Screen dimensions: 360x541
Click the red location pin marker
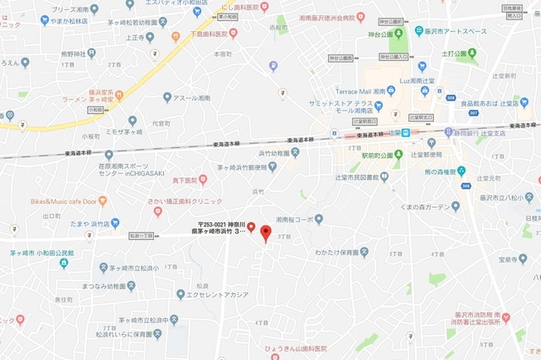click(265, 232)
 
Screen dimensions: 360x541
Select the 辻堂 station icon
click(406, 132)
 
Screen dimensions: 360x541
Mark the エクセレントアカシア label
click(212, 293)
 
